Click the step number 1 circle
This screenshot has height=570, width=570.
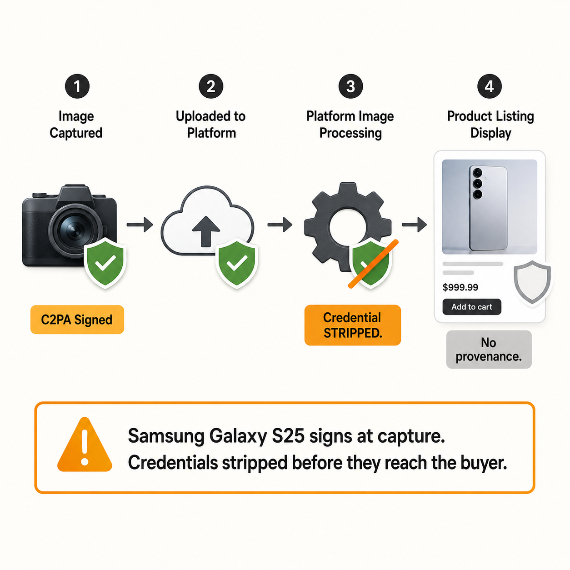[77, 86]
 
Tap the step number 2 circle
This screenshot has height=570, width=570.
[211, 86]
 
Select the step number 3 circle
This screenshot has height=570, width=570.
[350, 86]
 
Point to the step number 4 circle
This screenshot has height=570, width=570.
[489, 86]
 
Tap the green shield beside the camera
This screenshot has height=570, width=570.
[105, 263]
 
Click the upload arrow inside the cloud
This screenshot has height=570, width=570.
[206, 231]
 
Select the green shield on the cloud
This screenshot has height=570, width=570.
[237, 263]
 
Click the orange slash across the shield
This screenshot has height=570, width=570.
[373, 264]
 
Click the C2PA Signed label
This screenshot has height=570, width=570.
[77, 320]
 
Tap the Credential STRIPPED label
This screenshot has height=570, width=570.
[353, 325]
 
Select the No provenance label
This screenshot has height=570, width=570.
[489, 350]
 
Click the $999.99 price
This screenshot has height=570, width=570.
[460, 287]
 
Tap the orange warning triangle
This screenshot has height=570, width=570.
[85, 445]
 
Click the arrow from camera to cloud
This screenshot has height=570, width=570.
[140, 225]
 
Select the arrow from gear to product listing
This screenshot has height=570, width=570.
[414, 225]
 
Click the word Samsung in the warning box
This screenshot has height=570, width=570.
[166, 436]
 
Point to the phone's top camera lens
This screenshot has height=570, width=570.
[477, 172]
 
